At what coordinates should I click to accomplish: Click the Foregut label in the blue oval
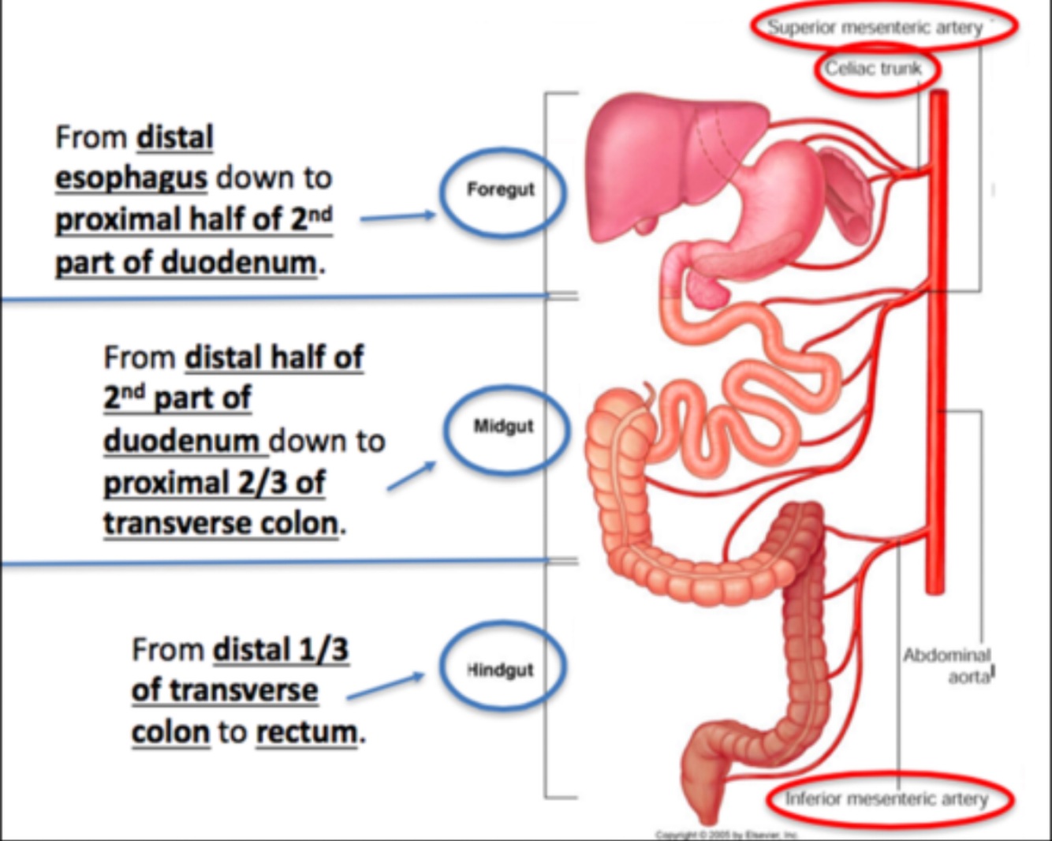tap(501, 189)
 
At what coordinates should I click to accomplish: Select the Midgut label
tap(504, 426)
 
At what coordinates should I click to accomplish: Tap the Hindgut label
tap(501, 670)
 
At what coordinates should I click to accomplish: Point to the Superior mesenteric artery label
tap(875, 27)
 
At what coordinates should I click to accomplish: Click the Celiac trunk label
tap(873, 69)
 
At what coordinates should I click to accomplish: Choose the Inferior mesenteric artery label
tap(886, 799)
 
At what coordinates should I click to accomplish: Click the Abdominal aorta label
tap(948, 665)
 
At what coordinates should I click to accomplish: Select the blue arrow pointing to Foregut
tap(397, 217)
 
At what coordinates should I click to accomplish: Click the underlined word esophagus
tap(131, 178)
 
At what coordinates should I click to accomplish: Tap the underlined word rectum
tap(306, 733)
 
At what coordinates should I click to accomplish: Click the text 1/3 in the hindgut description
tap(321, 650)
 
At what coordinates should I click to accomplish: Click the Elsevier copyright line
tap(726, 834)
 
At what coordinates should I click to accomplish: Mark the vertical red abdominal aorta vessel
tap(936, 355)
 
